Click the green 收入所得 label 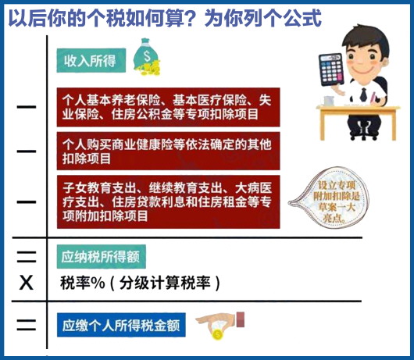coord(91,60)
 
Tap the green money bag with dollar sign coord(147,57)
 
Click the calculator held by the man coord(331,70)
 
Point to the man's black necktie coord(363,94)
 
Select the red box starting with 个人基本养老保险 coord(168,107)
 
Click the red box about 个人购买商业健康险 coord(168,151)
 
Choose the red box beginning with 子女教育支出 coord(168,201)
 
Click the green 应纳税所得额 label coord(101,257)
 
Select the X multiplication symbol coord(27,283)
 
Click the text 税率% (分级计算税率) coord(140,283)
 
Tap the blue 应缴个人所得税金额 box coord(121,325)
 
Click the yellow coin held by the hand coord(217,335)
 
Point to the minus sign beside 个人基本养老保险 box coord(27,107)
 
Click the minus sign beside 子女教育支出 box coord(27,202)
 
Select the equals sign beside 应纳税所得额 coord(27,257)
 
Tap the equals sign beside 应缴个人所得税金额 coord(27,325)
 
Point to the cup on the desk coord(329,101)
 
